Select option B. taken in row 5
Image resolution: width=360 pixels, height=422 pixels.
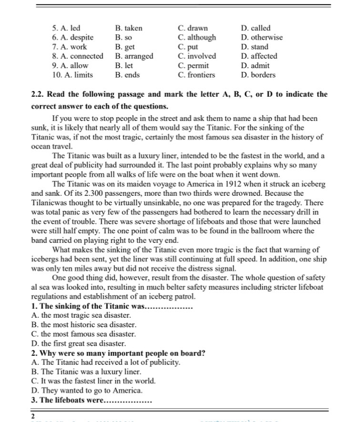(x=129, y=28)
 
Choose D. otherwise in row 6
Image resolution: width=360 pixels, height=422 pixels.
(x=262, y=37)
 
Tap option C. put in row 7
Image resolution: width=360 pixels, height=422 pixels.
(x=188, y=47)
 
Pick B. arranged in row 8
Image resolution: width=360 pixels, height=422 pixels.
(x=134, y=56)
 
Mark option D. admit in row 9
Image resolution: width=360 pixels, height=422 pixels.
(x=255, y=66)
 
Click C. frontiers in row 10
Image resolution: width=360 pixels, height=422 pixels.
(x=196, y=75)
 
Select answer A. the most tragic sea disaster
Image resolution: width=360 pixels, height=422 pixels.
(x=81, y=315)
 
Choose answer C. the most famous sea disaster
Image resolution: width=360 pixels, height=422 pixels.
(x=83, y=334)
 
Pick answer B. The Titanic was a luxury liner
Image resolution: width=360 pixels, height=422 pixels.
(x=86, y=372)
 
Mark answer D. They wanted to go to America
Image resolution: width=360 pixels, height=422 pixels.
(x=86, y=391)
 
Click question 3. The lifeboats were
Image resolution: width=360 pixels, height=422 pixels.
(x=91, y=400)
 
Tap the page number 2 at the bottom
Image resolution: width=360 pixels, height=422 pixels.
(x=33, y=416)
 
